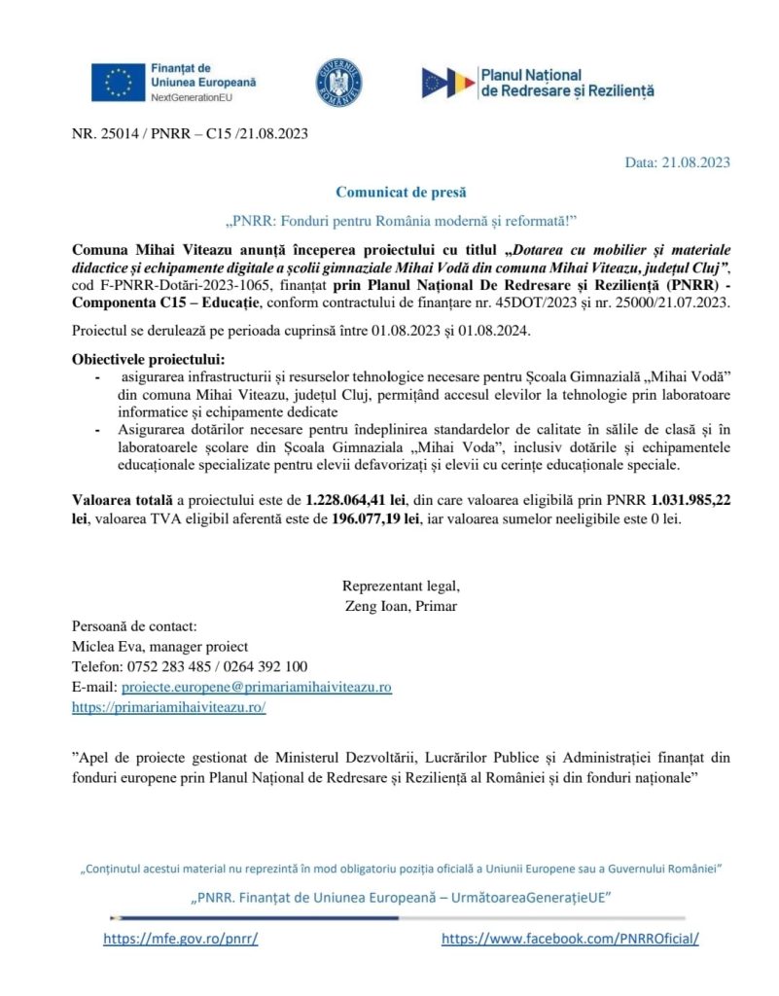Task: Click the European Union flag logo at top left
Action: (118, 83)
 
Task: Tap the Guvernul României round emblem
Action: (339, 83)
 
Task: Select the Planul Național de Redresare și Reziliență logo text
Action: (568, 83)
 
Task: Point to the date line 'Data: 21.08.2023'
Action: (677, 162)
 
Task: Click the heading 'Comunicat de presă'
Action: (389, 193)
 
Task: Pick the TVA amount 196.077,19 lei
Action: (374, 518)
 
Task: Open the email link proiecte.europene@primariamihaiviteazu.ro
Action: (256, 687)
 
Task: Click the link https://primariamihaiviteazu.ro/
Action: (169, 707)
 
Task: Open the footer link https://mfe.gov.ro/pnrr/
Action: (181, 940)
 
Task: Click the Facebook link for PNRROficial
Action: (570, 940)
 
